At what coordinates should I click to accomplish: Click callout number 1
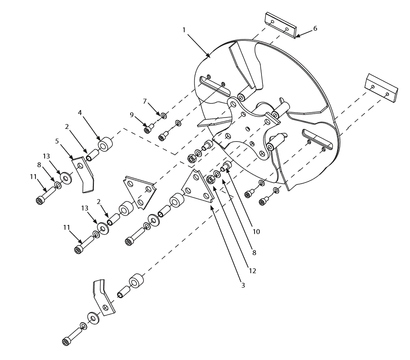(184, 29)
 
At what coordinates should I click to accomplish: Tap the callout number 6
(315, 29)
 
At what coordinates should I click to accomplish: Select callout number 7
(145, 101)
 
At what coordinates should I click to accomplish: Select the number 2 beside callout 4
(67, 127)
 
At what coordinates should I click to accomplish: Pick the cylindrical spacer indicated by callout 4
(106, 144)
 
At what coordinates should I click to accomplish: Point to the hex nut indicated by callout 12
(210, 179)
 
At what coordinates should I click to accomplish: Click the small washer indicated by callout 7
(163, 116)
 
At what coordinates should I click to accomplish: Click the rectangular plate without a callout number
(382, 88)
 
